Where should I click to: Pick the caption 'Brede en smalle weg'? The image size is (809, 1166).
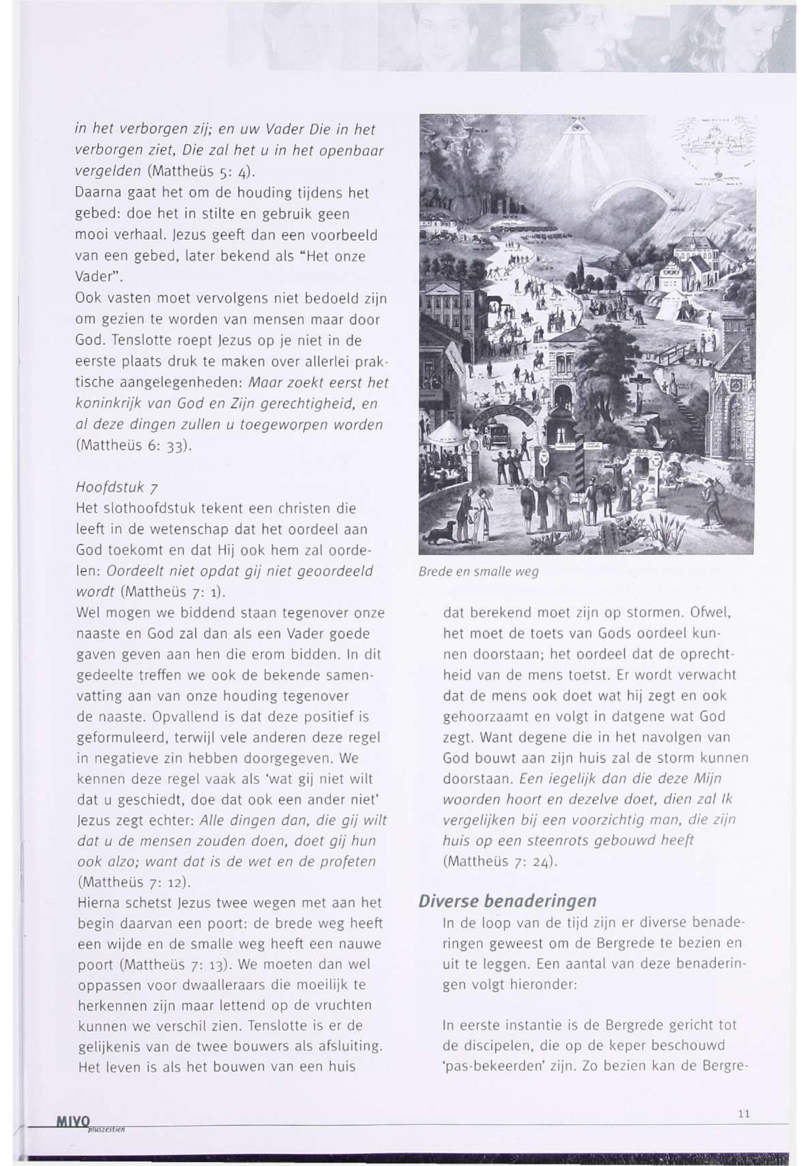coord(478,572)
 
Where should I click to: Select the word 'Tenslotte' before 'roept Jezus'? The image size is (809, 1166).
coord(130,341)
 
